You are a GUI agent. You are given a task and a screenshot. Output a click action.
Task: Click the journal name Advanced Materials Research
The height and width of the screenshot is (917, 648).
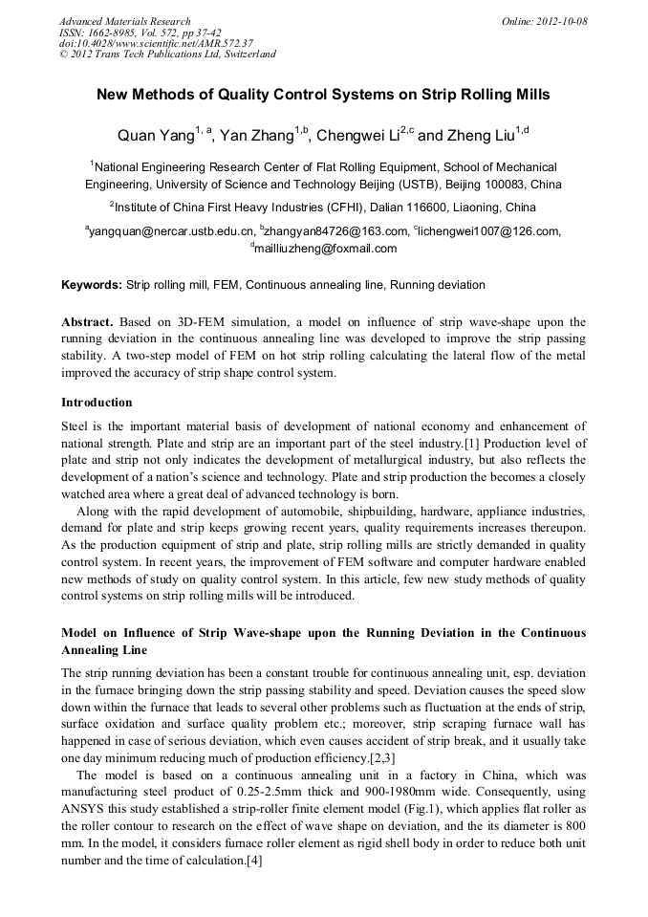click(125, 21)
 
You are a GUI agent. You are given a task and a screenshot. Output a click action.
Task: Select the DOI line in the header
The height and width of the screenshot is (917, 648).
click(156, 43)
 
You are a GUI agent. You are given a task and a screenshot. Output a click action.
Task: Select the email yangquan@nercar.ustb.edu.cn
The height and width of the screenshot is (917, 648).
click(172, 230)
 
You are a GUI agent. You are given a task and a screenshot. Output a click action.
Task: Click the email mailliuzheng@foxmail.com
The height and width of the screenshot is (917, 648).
click(325, 249)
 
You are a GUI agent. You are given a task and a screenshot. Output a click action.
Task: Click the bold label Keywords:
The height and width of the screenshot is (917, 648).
click(92, 285)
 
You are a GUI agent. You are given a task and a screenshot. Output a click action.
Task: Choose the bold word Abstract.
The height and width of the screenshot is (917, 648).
click(88, 322)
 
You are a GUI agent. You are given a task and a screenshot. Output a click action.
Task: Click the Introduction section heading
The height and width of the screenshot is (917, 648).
click(97, 402)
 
